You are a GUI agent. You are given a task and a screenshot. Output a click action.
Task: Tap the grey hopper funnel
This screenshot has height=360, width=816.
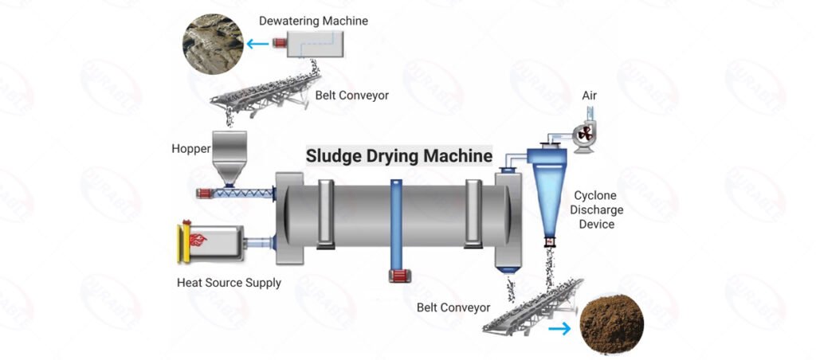pos(229,158)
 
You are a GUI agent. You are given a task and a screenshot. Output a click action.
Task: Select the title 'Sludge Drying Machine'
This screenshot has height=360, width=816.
pos(399,156)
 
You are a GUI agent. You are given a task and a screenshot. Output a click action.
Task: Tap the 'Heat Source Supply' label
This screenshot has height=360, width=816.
pos(229,283)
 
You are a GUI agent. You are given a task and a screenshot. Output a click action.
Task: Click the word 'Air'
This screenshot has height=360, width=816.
pos(589,96)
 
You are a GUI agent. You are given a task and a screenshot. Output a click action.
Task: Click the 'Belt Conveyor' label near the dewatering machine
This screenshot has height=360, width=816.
pos(351,96)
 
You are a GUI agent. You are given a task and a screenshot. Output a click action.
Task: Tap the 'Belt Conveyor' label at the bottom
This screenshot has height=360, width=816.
pos(453,307)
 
